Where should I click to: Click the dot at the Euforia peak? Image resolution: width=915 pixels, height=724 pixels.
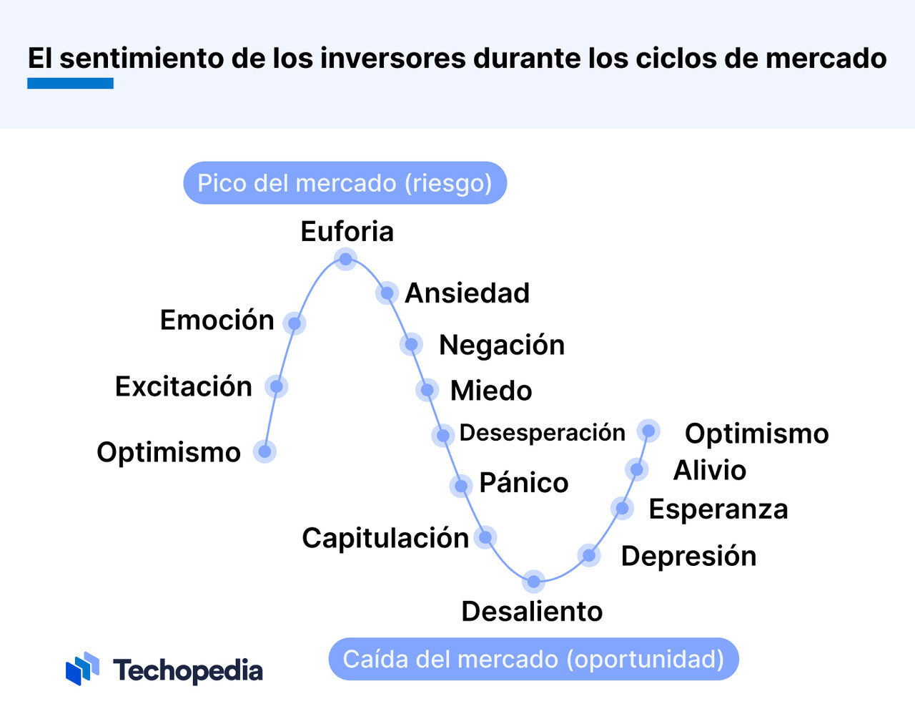click(346, 259)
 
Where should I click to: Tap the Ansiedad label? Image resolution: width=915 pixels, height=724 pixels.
click(468, 293)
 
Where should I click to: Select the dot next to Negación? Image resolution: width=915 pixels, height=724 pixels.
click(411, 344)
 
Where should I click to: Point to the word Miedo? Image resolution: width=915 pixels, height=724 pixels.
click(491, 391)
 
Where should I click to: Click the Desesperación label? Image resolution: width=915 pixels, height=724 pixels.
click(542, 433)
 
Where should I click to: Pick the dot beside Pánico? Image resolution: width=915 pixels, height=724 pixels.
click(461, 486)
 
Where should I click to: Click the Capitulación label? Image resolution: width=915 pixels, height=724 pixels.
click(385, 538)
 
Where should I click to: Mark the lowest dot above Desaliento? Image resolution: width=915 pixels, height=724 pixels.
click(533, 582)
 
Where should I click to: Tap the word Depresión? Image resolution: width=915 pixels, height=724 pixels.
click(689, 556)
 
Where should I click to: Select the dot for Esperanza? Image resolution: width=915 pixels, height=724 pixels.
click(622, 508)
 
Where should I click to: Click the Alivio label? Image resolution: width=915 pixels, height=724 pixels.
click(710, 470)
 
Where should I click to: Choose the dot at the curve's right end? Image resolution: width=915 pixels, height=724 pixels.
click(648, 431)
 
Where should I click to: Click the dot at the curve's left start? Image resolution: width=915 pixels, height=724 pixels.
click(264, 451)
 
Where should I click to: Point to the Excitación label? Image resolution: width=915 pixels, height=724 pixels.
click(184, 386)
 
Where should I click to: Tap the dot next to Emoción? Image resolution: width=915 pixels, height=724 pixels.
click(295, 323)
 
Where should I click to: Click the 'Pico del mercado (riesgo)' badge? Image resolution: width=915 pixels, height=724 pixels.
click(345, 183)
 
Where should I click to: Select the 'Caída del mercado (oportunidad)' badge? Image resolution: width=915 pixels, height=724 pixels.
click(533, 659)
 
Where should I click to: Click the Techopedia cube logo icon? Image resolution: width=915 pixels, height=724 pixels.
click(82, 668)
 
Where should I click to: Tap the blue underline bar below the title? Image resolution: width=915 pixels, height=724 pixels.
click(70, 84)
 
